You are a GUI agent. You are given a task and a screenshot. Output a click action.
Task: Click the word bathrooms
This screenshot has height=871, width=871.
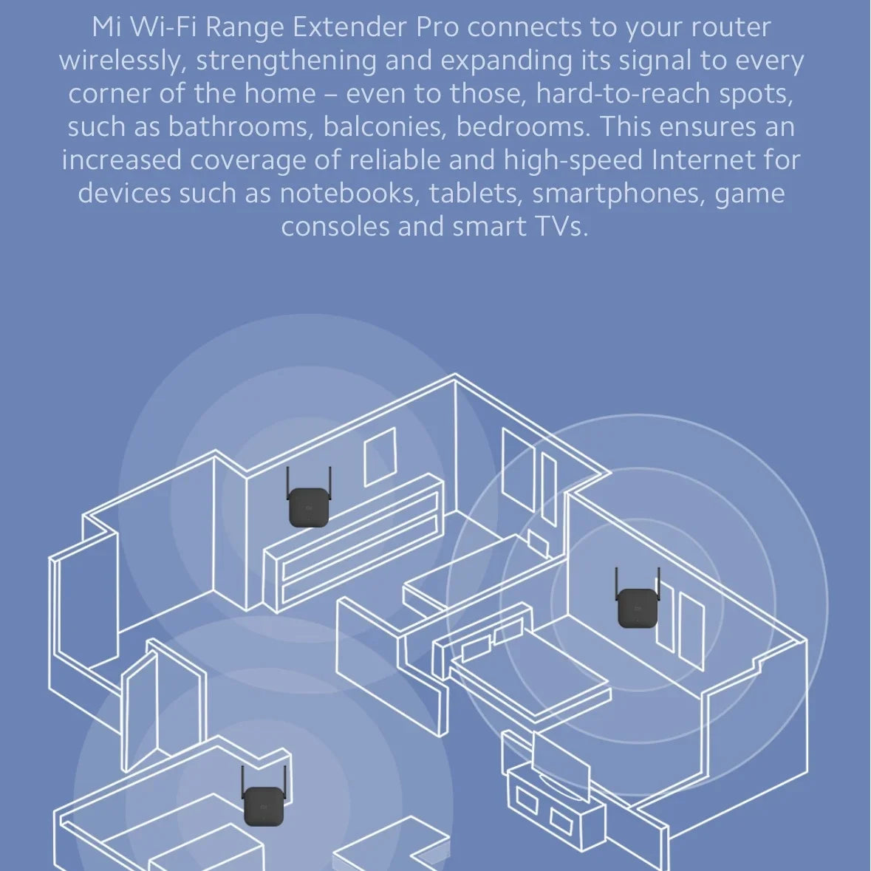tap(237, 127)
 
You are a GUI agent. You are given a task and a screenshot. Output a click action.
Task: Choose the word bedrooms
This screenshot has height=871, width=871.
tap(523, 127)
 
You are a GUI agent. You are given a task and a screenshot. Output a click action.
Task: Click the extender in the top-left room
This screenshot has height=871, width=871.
tap(308, 508)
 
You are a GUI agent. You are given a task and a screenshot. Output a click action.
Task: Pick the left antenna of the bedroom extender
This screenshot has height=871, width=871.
tap(616, 584)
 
